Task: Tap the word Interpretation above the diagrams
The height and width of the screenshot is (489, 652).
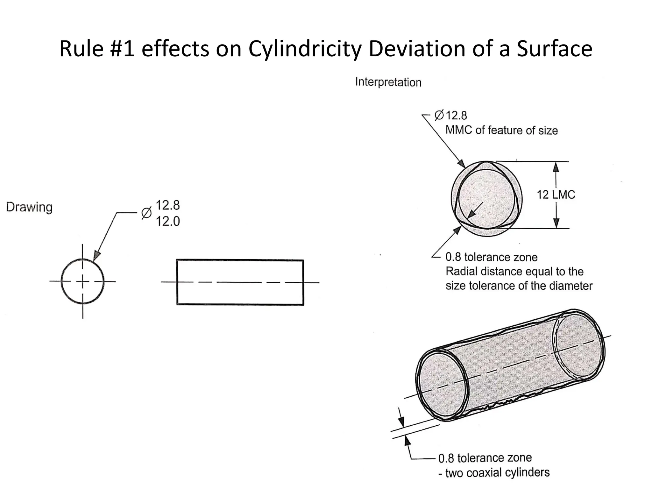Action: [x=388, y=82]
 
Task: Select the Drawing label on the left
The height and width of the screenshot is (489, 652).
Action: [x=29, y=207]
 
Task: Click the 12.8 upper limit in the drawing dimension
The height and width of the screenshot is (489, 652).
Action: [x=167, y=205]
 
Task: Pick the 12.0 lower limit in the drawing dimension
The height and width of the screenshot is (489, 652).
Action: [x=167, y=221]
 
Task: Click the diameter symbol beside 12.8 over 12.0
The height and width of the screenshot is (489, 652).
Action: [x=146, y=213]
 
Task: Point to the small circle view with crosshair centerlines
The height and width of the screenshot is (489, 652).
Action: [x=82, y=281]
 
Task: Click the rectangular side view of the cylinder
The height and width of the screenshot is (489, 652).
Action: [x=240, y=282]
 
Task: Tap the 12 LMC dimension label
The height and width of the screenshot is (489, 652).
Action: [x=556, y=195]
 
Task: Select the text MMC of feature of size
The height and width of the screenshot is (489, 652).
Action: [x=501, y=130]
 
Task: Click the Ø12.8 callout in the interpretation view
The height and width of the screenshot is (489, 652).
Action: [x=451, y=115]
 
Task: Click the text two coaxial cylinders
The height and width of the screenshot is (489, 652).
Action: [x=497, y=472]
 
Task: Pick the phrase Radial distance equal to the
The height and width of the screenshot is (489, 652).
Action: [x=514, y=271]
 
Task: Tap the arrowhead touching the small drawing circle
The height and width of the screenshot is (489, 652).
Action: [x=97, y=257]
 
